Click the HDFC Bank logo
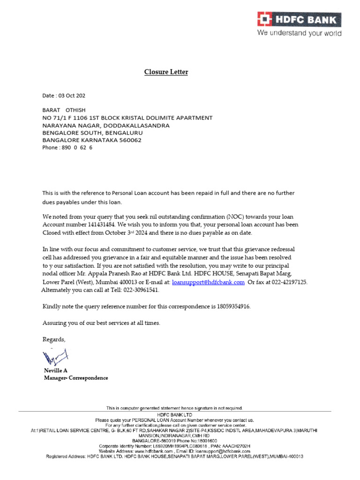coord(299,19)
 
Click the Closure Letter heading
coord(165,72)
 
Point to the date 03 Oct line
coord(64,96)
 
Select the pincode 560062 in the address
coord(128,140)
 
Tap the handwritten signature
coord(55,358)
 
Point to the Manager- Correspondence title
coord(76,378)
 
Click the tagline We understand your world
coord(299,33)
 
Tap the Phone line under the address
coord(67,147)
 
